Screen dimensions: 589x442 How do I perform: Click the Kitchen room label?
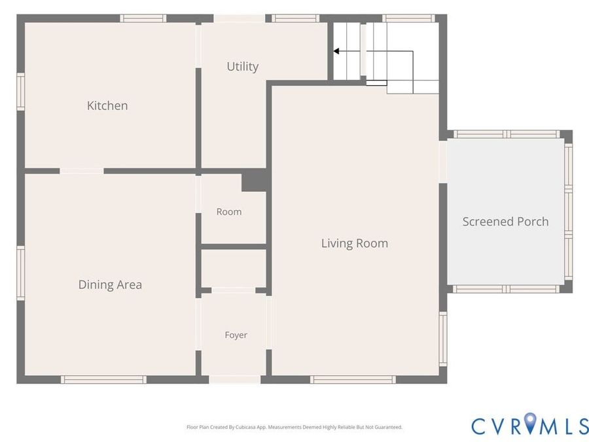107,105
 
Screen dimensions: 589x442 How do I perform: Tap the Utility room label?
243,67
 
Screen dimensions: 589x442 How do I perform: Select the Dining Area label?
110,285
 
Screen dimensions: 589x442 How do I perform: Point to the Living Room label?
355,243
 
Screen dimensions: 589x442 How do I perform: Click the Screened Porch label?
506,221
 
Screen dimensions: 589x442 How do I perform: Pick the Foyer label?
236,335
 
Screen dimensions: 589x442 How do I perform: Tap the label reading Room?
229,212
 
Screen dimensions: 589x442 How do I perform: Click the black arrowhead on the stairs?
336,51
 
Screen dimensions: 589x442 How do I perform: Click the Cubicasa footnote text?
294,427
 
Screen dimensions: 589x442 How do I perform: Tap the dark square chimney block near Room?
255,180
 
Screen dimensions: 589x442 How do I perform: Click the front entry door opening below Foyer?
235,379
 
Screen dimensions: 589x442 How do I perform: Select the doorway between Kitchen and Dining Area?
82,171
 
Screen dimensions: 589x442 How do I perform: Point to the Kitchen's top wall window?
143,18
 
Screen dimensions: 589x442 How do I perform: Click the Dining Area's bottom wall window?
103,380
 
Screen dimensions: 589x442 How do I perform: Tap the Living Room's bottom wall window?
353,380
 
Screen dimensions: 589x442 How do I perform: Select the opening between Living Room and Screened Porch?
443,162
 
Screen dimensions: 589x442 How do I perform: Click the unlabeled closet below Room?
234,268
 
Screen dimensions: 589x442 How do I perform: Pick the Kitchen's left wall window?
21,92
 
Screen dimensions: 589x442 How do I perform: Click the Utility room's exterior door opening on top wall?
240,18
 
